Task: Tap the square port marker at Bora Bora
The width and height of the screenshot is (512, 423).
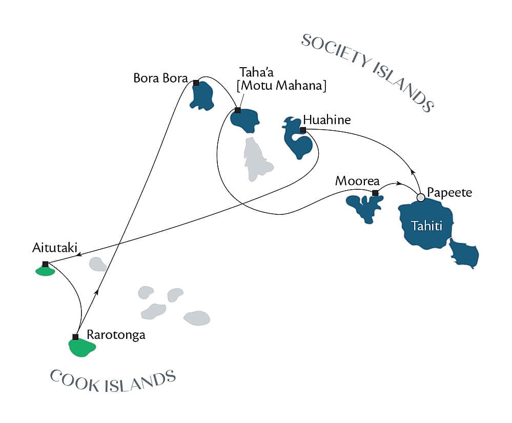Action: (196, 83)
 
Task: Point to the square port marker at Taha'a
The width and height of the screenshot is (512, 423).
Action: (237, 110)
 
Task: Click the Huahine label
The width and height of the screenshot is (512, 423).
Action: (327, 120)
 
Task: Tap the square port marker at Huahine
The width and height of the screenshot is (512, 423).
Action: (303, 130)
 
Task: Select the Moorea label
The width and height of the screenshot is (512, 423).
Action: (357, 181)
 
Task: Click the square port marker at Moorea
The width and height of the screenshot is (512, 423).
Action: (375, 193)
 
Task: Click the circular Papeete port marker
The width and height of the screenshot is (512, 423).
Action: (421, 197)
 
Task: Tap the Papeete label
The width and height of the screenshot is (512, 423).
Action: (449, 193)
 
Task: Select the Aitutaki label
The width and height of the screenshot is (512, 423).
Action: (54, 249)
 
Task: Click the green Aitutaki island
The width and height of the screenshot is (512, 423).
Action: (45, 271)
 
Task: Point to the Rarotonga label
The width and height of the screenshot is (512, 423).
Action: (116, 335)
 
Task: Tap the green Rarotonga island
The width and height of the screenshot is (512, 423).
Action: (82, 347)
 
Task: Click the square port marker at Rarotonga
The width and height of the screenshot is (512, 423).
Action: (75, 337)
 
